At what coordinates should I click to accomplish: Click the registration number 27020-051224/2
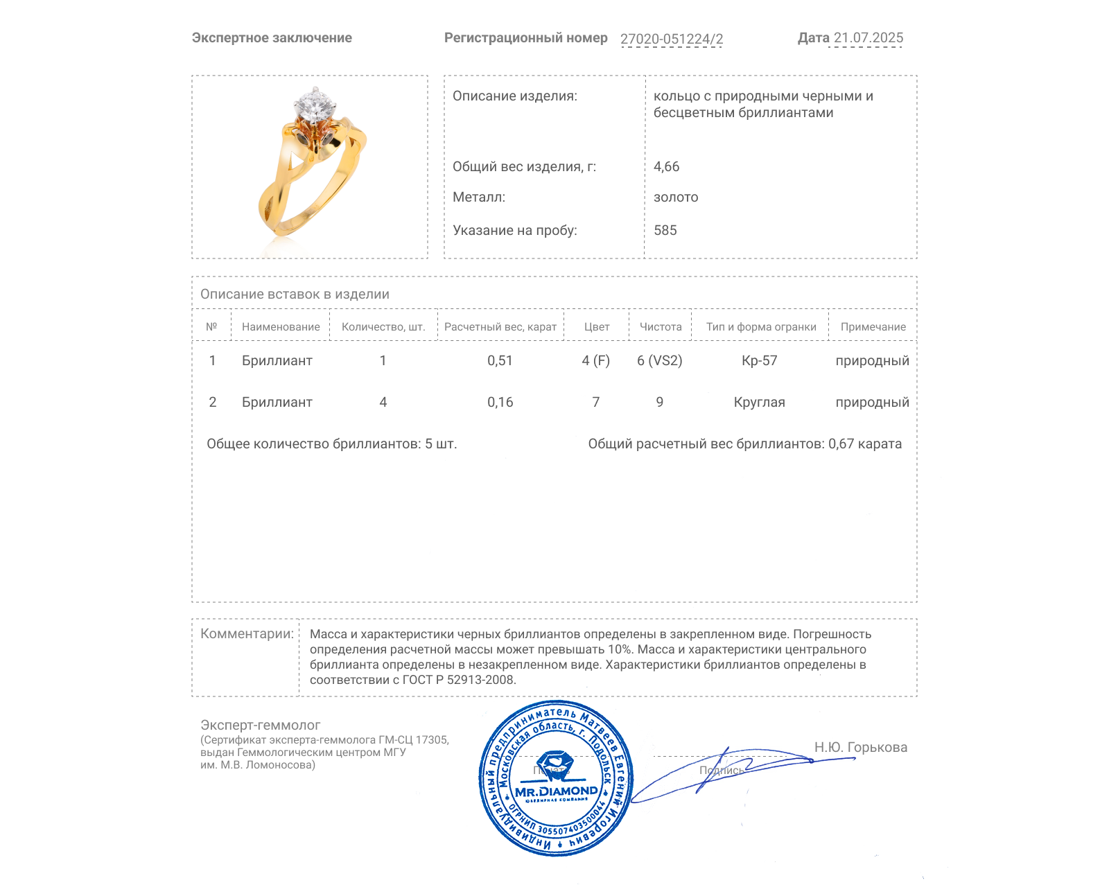click(671, 39)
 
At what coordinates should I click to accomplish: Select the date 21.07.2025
click(868, 38)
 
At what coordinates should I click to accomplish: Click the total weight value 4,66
click(666, 166)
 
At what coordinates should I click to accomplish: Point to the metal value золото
click(676, 197)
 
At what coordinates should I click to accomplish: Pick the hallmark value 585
click(665, 230)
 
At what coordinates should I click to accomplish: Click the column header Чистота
click(660, 327)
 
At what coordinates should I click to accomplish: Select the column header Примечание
click(873, 327)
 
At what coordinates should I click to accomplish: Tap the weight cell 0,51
click(500, 360)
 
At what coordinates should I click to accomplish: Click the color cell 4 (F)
click(595, 360)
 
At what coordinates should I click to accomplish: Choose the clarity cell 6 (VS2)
click(659, 360)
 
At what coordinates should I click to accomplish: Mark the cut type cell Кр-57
click(759, 360)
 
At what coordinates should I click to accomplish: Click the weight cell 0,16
click(500, 402)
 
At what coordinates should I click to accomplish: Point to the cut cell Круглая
click(759, 402)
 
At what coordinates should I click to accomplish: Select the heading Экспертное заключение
click(272, 38)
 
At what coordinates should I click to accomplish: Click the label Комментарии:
click(247, 633)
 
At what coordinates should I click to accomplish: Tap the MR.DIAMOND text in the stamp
click(556, 791)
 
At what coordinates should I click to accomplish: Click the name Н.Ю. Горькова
click(860, 747)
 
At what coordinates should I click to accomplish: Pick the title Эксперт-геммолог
click(260, 725)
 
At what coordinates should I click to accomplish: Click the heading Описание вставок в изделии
click(295, 294)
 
